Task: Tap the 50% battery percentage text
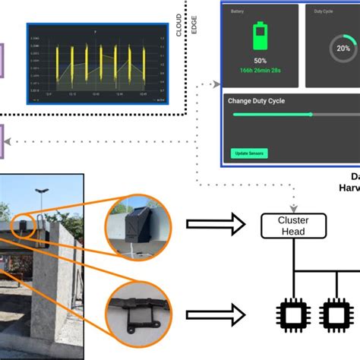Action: pos(260,59)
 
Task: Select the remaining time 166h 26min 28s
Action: pos(260,70)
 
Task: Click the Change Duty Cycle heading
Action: pos(263,100)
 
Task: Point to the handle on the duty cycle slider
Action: pos(311,115)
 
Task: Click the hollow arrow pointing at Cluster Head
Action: pos(217,224)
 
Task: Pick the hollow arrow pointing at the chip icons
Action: pos(217,313)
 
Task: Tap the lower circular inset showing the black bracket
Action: pos(137,311)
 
